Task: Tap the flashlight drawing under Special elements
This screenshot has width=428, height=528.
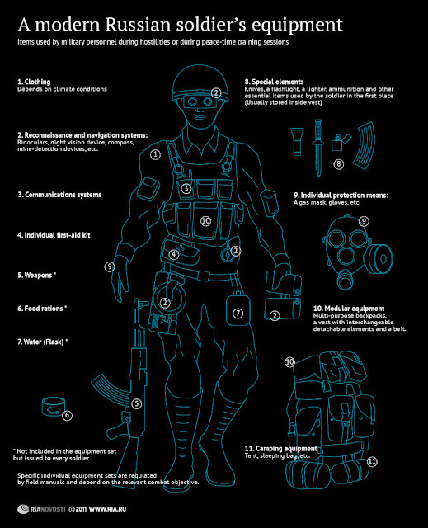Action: click(297, 141)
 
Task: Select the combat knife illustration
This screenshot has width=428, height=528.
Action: click(317, 148)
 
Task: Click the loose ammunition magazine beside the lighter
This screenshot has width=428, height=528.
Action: click(364, 145)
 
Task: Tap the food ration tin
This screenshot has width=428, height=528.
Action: click(54, 406)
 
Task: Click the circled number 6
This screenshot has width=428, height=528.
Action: click(67, 415)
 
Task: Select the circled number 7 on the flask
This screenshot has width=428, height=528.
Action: click(238, 313)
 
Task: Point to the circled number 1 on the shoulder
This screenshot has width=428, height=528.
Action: click(155, 154)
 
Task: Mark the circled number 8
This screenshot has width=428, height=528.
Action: click(338, 164)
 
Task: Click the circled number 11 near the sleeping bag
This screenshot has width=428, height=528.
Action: click(372, 461)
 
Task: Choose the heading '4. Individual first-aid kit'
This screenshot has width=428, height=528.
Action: click(54, 235)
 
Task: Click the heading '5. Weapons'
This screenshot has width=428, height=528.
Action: click(36, 275)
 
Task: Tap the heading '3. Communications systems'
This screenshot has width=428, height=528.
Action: click(59, 195)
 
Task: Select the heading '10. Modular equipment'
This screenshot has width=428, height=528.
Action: click(349, 308)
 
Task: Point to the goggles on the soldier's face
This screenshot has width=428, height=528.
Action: click(200, 101)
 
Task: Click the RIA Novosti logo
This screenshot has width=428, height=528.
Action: click(41, 509)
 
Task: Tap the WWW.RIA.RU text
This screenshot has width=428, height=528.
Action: click(107, 509)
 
